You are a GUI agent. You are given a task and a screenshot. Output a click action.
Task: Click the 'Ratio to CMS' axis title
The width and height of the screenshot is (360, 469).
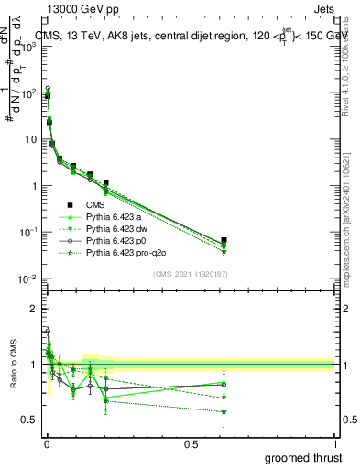(x=14, y=365)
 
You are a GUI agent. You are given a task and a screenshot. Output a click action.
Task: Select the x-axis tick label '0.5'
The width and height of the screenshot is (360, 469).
(x=191, y=444)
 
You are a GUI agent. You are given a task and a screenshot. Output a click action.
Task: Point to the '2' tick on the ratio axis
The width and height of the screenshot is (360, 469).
(x=33, y=310)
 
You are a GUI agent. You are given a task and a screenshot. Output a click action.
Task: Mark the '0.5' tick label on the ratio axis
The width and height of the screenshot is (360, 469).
(x=27, y=420)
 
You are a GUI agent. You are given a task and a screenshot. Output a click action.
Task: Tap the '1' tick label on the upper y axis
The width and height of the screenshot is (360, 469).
(x=33, y=186)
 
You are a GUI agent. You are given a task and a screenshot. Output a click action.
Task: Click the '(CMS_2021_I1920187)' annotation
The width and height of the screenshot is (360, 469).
(x=190, y=273)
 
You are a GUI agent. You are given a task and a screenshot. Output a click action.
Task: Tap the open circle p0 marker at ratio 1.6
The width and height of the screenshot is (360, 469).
(x=47, y=331)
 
